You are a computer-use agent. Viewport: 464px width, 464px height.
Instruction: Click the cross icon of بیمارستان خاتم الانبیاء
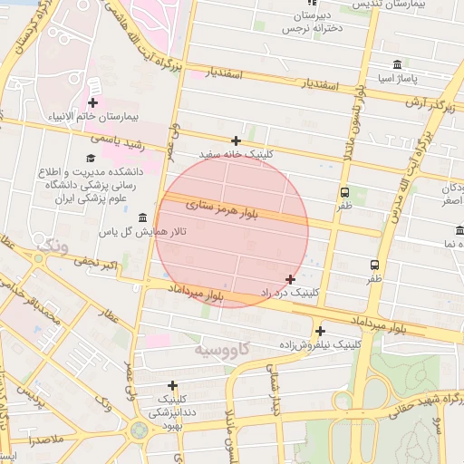pyautogui.click(x=92, y=103)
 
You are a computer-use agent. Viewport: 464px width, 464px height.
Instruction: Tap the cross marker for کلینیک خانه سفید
pyautogui.click(x=236, y=140)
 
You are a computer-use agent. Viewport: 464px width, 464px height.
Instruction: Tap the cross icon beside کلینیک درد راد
pyautogui.click(x=290, y=279)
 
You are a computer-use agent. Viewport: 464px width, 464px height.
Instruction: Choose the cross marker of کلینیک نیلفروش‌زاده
pyautogui.click(x=320, y=331)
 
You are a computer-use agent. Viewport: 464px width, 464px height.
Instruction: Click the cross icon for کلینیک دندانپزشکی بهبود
pyautogui.click(x=172, y=385)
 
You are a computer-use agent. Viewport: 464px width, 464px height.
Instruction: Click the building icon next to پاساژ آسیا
pyautogui.click(x=398, y=64)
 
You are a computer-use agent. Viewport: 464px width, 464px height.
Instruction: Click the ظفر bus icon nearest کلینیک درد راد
pyautogui.click(x=374, y=265)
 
